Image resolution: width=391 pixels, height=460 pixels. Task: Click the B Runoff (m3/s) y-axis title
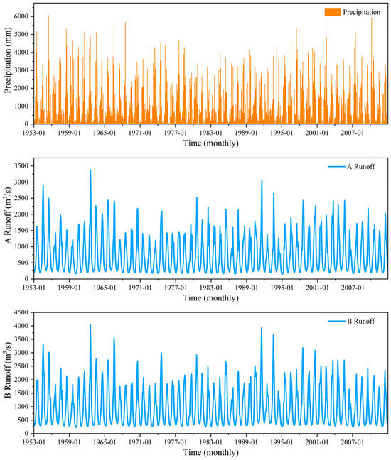point(7,377)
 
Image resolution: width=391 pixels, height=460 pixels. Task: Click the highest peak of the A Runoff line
point(90,170)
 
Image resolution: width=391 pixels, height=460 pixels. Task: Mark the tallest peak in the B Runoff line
point(90,325)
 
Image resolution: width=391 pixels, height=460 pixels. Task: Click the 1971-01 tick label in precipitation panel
point(140,132)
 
